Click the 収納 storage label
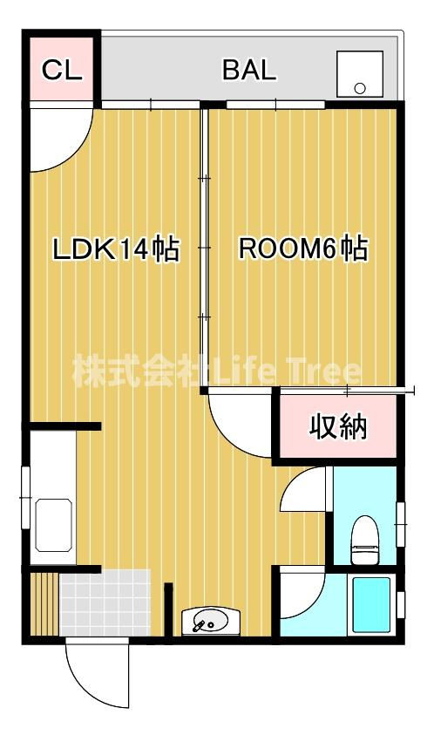point(338,427)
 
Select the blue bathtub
point(370,605)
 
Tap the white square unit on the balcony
point(359,73)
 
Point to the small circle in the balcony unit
point(359,87)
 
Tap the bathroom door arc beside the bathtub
point(301,597)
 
